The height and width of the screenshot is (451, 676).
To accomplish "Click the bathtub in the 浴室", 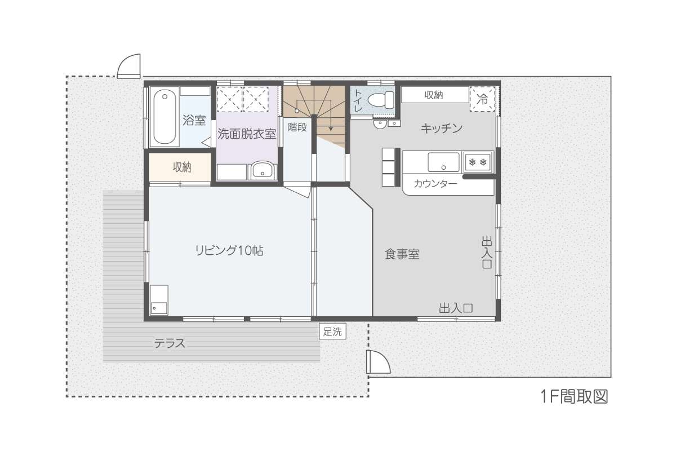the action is (x=164, y=117).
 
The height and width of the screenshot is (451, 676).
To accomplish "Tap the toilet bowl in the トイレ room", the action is (x=381, y=100).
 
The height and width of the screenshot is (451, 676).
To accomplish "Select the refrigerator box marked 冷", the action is (x=483, y=99).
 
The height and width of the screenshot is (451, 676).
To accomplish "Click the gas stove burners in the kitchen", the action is (x=478, y=162).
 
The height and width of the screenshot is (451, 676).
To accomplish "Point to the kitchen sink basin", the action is (x=444, y=162).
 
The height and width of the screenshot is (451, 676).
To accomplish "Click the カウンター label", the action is (x=435, y=183).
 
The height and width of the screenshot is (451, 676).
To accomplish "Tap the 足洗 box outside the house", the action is (x=332, y=331).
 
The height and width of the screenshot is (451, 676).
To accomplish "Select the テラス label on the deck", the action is (x=170, y=343).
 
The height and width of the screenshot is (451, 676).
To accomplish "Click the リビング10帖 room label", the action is (x=229, y=251).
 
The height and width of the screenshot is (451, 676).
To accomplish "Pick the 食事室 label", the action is (x=402, y=254).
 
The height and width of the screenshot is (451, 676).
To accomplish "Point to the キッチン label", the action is (x=442, y=129).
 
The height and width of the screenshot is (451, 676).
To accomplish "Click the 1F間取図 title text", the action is (x=574, y=397).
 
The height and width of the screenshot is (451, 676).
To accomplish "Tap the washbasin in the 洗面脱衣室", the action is (x=263, y=170).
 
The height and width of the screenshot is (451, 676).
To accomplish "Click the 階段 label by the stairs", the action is (x=297, y=127).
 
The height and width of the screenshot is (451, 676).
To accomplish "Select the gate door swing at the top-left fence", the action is (x=129, y=66).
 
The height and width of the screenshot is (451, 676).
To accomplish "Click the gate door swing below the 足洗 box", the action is (x=378, y=362).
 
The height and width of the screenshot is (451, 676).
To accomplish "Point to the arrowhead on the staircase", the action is (x=331, y=129).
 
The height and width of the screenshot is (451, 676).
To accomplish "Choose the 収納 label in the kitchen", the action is (x=434, y=95).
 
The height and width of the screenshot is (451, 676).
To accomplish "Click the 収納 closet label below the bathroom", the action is (x=182, y=167).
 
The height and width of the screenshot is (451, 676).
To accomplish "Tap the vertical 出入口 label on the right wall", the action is (x=487, y=253).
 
